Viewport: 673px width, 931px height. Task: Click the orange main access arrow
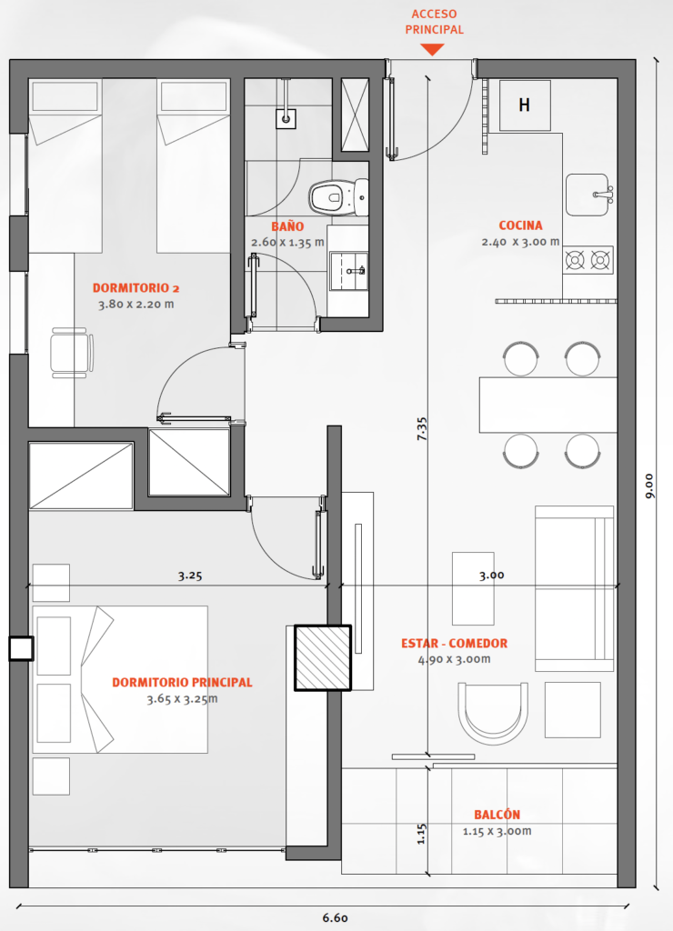tap(432, 51)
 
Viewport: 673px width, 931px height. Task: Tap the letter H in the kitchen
tap(524, 105)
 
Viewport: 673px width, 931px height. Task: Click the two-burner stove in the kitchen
tap(588, 259)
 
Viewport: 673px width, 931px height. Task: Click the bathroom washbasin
tap(348, 271)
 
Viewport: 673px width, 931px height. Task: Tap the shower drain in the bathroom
tap(286, 119)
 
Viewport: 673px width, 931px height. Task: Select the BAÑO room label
tap(287, 226)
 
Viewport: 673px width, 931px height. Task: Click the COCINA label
tap(520, 225)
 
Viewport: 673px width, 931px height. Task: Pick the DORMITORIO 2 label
tap(136, 288)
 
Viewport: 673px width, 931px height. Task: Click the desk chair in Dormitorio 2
tap(71, 353)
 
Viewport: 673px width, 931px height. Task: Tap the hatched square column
tap(323, 658)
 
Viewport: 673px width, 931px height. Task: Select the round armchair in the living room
tap(493, 713)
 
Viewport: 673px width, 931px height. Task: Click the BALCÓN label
tap(497, 815)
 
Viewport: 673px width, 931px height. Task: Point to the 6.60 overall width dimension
tap(335, 918)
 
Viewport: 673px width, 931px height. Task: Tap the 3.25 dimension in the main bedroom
tap(190, 576)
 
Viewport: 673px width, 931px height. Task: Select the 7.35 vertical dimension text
tap(422, 429)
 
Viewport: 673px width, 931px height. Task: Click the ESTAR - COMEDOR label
tap(455, 643)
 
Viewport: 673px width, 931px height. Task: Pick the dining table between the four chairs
tap(548, 405)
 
